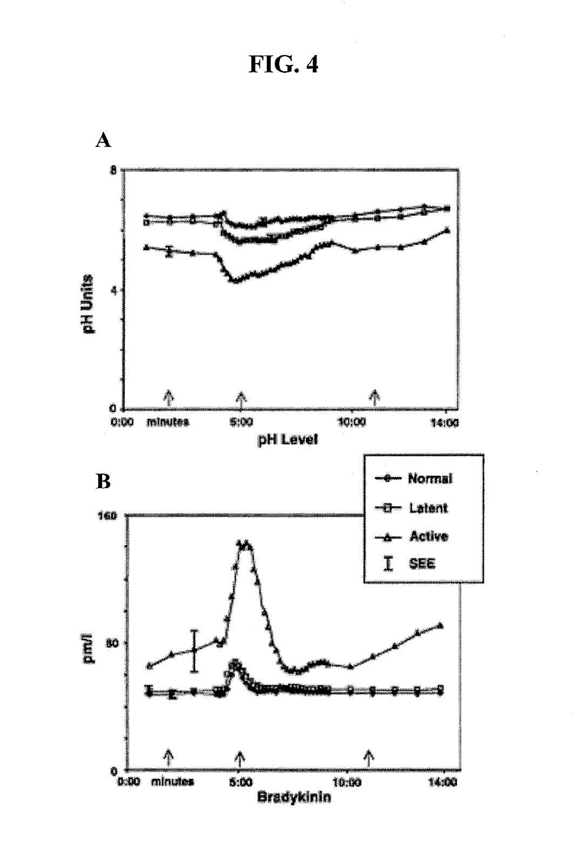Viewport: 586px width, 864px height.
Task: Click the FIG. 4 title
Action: coord(284,65)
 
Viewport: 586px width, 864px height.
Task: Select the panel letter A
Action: coord(103,141)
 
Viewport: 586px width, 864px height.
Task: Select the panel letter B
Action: coord(103,481)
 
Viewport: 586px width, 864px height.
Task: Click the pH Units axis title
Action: coord(87,305)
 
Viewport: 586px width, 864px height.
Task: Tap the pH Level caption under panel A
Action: coord(287,440)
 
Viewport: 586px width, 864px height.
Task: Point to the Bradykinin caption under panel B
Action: coord(294,797)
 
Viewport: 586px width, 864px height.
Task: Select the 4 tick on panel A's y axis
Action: coord(114,290)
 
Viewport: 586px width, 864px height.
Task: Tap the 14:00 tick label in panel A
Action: coord(446,423)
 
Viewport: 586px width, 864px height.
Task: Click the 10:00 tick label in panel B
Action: coord(347,781)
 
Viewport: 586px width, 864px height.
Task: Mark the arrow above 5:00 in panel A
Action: coord(241,399)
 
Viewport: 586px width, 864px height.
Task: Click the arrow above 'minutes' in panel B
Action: coord(169,757)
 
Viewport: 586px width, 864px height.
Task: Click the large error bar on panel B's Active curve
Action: coord(194,650)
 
